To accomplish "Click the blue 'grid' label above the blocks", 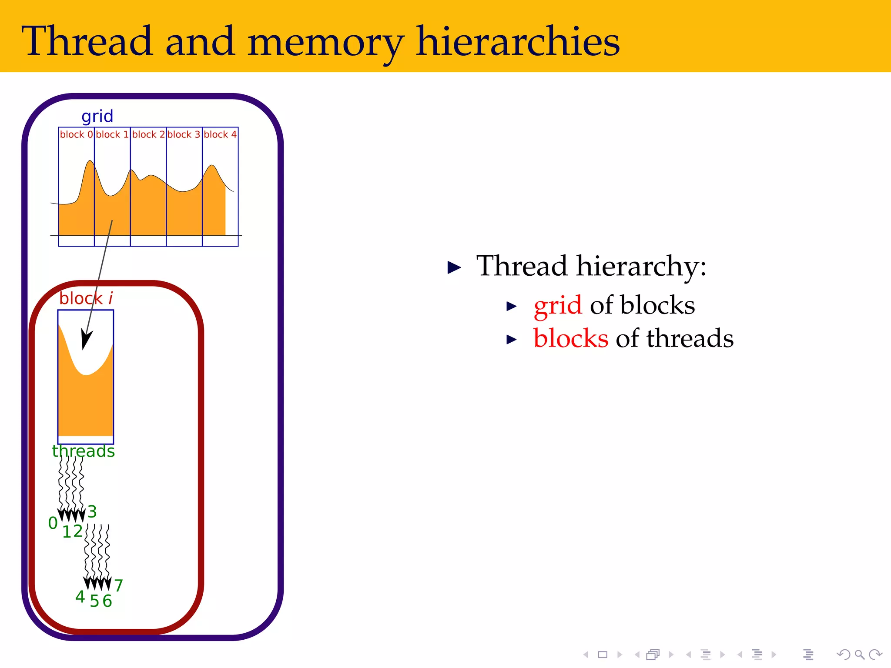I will (x=97, y=117).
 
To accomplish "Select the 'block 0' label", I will (x=76, y=134).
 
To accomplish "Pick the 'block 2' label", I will (x=148, y=134).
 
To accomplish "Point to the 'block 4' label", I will (x=220, y=134).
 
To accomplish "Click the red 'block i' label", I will (x=86, y=298).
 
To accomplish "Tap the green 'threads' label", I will (x=84, y=451).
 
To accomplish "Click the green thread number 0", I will (x=53, y=523).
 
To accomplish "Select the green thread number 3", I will (x=92, y=511).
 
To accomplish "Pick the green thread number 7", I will (x=119, y=585).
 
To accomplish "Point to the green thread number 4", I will (x=80, y=597).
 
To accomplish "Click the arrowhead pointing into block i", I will (x=87, y=339).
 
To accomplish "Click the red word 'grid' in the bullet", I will (x=557, y=305).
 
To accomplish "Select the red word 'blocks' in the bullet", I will (x=571, y=338).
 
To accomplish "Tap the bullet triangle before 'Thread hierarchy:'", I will (x=454, y=267).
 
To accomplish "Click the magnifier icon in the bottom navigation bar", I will (x=859, y=655).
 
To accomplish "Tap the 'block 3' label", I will (x=184, y=134).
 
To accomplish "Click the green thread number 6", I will (x=107, y=601).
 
